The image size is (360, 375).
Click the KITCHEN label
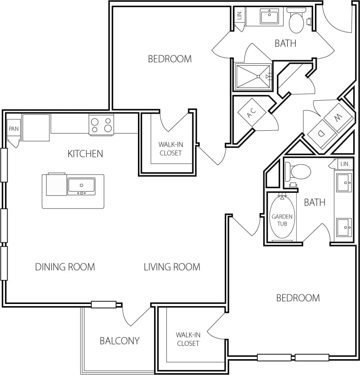85,154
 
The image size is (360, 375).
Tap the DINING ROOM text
65,267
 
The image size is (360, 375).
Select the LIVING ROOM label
172,267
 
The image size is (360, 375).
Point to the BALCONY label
120,341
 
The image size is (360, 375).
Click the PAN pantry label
13,129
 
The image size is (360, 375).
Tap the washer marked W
339,117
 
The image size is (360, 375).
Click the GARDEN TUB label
282,220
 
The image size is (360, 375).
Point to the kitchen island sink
81,186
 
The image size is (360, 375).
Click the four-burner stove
102,125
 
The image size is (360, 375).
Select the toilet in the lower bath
298,171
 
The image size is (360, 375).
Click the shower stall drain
258,76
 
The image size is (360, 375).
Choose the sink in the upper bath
269,16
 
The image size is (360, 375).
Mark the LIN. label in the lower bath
345,164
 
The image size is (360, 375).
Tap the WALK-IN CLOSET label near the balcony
188,339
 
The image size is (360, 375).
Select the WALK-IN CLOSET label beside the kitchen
171,149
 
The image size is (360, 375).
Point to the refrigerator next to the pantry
36,128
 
